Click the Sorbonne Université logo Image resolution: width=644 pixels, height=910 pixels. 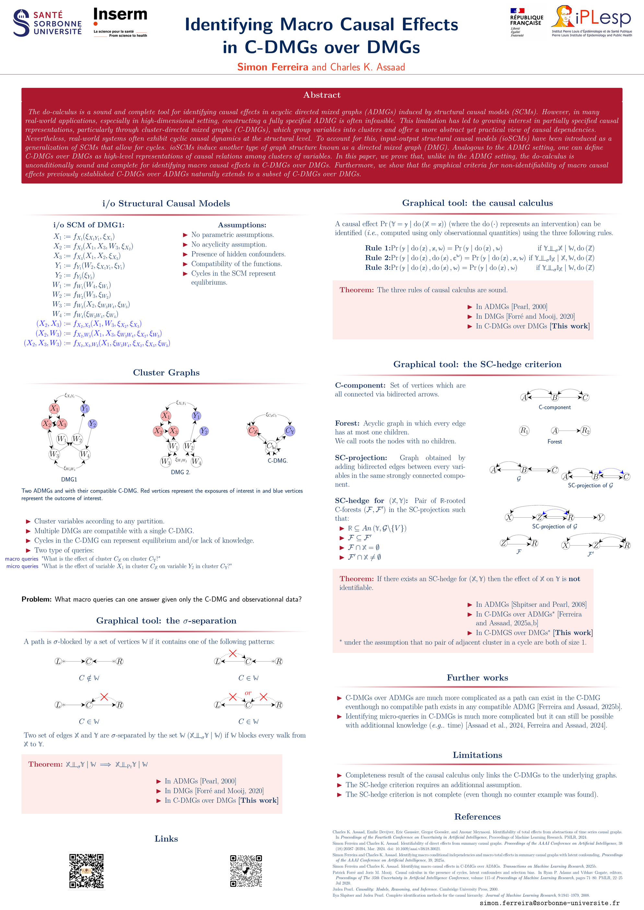47,23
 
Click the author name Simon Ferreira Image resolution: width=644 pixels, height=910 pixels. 273,67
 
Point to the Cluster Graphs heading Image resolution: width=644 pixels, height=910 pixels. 166,373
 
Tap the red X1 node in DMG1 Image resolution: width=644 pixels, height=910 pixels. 54,408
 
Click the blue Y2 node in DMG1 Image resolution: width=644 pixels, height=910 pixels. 92,424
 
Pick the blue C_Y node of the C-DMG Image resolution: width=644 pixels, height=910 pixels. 290,431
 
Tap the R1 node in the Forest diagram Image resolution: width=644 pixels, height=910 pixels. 524,431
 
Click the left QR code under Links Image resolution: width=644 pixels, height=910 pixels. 87,871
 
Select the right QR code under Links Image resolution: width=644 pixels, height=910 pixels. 246,871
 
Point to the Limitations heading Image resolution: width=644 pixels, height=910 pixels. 477,755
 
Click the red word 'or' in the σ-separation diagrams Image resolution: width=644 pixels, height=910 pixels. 248,693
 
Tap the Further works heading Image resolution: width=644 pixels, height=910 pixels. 477,678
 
